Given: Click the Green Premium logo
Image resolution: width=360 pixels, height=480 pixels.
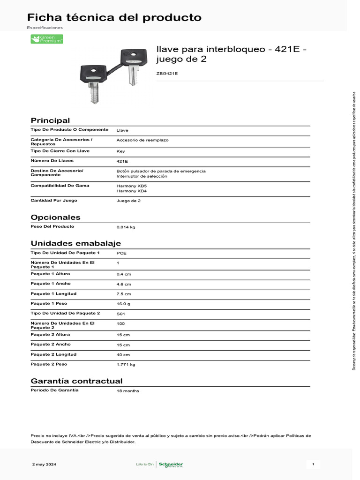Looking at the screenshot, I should coord(46,39).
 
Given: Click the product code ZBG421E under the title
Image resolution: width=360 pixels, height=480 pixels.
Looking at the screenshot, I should coord(167,74).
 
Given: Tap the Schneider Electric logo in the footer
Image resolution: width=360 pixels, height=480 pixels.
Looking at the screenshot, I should coord(171,465).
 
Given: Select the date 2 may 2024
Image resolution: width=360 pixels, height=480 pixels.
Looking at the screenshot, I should coord(45,465).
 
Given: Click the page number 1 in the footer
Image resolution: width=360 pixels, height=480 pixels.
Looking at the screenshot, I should coord(313,465).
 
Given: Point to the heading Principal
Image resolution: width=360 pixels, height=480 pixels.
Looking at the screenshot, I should coord(50,120).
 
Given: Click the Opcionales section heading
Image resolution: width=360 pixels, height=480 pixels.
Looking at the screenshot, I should coord(55,217).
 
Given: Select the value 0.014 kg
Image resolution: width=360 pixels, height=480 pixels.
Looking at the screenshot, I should coord(126,227).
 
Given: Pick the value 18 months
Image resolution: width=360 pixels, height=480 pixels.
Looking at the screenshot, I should coord(127,391).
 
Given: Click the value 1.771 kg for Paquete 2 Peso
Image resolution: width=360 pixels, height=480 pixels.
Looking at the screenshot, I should coord(126,364).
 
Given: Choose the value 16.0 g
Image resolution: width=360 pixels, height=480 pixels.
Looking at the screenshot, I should coord(124,304).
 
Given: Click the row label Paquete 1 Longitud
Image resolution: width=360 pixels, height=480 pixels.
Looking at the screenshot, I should coord(53,293).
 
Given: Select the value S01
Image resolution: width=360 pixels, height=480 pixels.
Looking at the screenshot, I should coord(120,314).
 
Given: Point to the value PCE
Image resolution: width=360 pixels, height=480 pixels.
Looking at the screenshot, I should coord(121,253).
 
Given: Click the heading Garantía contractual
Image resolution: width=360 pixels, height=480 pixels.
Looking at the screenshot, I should coord(76,381).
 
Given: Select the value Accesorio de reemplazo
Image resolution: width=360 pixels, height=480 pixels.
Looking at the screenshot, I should coord(142,140).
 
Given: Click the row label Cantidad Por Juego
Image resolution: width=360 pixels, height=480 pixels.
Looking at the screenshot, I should coord(54,200).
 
